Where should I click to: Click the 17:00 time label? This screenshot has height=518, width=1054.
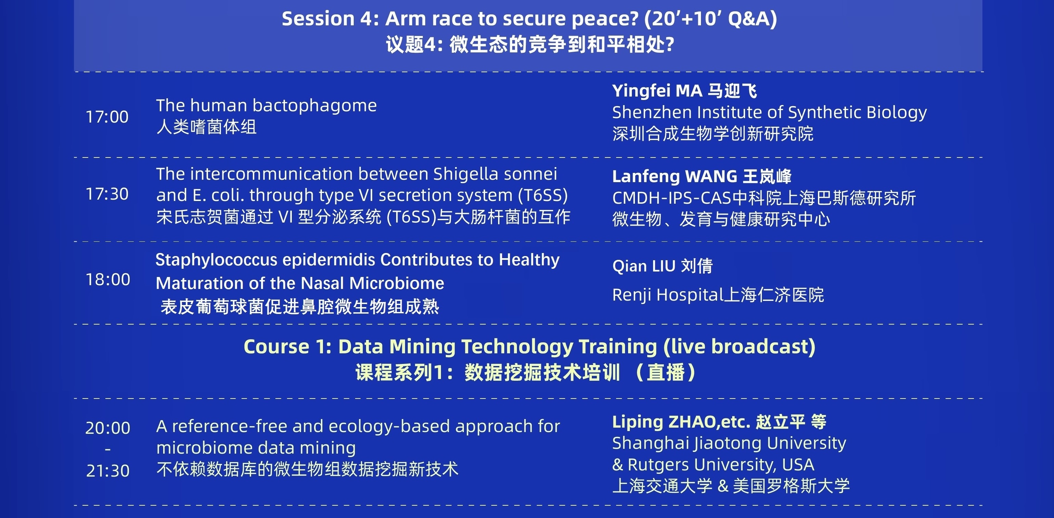[x=107, y=117]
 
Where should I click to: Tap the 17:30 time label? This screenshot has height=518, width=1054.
[x=107, y=194]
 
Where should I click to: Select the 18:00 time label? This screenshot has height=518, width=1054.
[x=108, y=279]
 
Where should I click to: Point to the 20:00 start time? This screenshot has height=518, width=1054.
[x=108, y=428]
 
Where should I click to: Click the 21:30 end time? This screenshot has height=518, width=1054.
[x=108, y=471]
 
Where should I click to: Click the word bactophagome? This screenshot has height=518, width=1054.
[x=315, y=106]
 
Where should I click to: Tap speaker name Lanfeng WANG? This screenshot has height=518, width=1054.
[x=675, y=176]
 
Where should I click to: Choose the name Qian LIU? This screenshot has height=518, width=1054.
[x=643, y=266]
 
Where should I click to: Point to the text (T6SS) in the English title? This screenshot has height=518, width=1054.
[x=543, y=196]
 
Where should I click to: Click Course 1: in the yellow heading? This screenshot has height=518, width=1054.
[x=288, y=346]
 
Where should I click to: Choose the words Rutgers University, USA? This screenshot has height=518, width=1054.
[x=721, y=465]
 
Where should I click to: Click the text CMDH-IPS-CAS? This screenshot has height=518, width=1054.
[x=672, y=198]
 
